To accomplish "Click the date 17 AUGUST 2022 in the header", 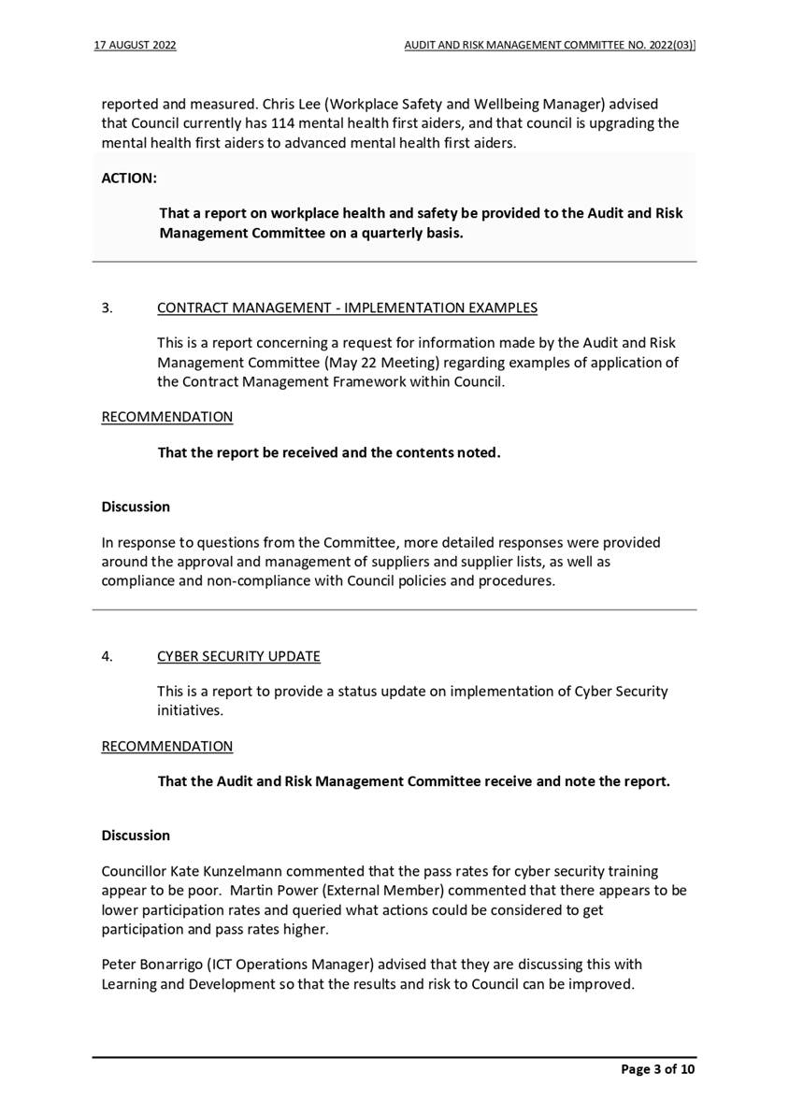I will (x=136, y=45).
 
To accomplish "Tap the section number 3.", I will (x=107, y=307).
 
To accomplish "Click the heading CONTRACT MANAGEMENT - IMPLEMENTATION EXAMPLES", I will (x=347, y=307).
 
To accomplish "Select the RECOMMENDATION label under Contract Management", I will (x=166, y=417).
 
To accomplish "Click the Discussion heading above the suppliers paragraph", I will (x=136, y=507).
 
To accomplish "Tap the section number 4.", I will (x=107, y=656).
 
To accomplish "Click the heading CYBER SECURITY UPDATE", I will (x=238, y=656).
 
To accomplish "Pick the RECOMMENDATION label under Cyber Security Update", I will (x=166, y=746).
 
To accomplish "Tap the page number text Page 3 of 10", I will (x=658, y=1069).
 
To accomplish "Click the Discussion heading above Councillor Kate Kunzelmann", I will (x=136, y=835).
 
